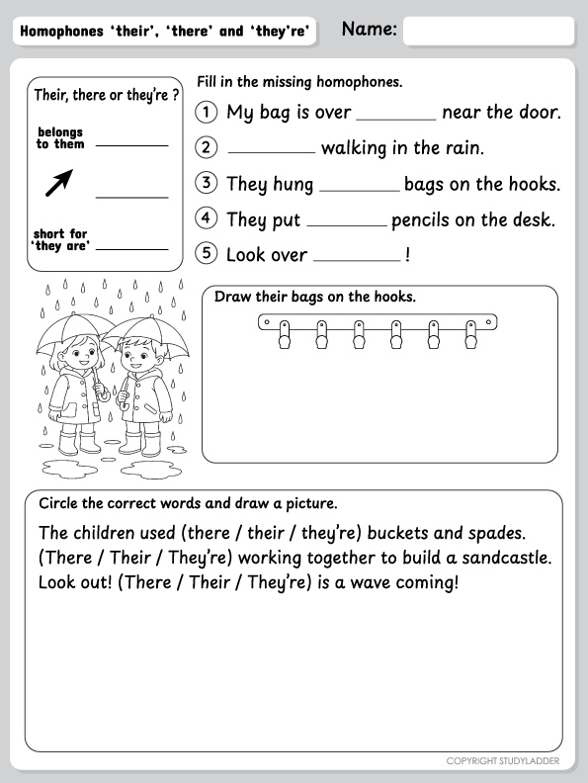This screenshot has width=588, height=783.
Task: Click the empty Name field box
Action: (488, 31)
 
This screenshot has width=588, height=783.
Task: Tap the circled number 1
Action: (207, 112)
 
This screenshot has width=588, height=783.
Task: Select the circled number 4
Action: (207, 217)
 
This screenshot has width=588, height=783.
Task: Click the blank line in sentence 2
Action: (272, 152)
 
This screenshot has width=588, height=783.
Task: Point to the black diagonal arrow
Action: (59, 182)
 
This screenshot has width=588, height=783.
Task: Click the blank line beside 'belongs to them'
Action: (131, 145)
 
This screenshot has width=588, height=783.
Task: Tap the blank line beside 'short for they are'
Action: (131, 249)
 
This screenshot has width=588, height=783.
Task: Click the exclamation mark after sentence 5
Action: (408, 255)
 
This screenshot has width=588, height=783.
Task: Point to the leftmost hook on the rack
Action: (284, 334)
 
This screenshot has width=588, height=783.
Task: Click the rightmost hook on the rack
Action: (470, 334)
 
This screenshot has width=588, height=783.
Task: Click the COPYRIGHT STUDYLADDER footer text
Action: (503, 761)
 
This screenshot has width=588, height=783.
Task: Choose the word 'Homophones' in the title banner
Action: (61, 32)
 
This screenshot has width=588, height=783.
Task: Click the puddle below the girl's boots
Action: (70, 469)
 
